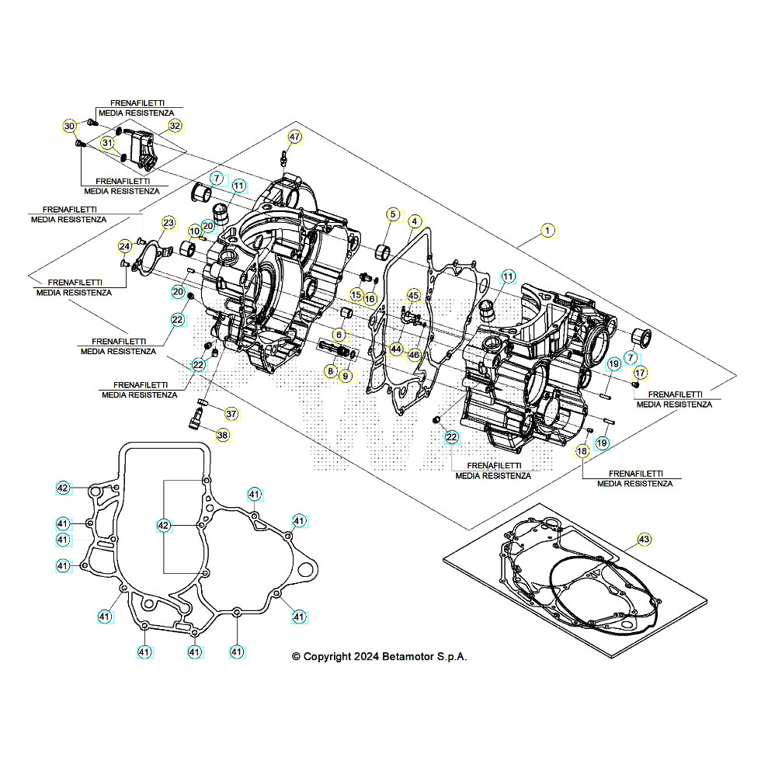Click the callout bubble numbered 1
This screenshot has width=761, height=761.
547,231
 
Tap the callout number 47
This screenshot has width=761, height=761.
295,137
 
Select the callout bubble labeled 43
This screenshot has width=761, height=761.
644,538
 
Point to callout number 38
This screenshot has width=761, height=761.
223,436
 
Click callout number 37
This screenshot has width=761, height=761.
231,412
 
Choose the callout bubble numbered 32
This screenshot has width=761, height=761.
175,125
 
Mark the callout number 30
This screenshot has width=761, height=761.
70,127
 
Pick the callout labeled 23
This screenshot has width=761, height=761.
169,224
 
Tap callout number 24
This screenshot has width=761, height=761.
124,246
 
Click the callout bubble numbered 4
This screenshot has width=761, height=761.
415,221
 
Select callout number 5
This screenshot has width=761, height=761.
393,214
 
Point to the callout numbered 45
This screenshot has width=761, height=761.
413,296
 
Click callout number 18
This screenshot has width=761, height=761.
582,451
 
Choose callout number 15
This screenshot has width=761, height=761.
355,295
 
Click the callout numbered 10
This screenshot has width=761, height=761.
193,231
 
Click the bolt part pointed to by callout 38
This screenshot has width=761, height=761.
194,420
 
